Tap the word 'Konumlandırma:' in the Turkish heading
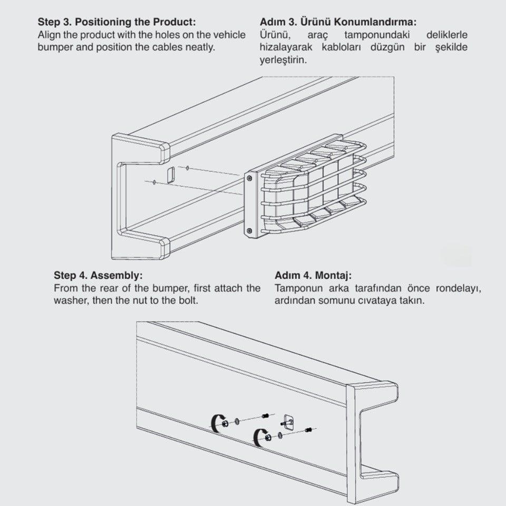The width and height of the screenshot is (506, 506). [x=375, y=22]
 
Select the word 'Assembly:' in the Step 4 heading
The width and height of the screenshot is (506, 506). [x=116, y=275]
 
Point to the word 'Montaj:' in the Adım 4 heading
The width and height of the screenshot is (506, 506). [x=333, y=275]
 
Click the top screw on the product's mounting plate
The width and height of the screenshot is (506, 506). [x=249, y=178]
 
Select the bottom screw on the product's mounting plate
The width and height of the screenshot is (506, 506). [x=249, y=231]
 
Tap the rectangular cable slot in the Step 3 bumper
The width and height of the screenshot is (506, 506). [x=171, y=175]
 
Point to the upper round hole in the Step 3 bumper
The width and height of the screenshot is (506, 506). [x=188, y=168]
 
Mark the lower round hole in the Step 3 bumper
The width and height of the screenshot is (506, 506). [x=154, y=182]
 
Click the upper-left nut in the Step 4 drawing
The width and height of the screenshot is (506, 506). [x=225, y=423]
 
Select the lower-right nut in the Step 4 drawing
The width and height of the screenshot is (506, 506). [x=268, y=437]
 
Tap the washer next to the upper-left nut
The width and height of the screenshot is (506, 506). [x=237, y=421]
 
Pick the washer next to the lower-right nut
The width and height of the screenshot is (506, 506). [x=280, y=435]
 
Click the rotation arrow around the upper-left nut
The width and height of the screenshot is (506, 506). [x=215, y=423]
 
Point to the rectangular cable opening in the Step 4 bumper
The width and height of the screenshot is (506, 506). [x=288, y=422]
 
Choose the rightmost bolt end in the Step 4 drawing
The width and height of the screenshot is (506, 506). [x=308, y=430]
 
